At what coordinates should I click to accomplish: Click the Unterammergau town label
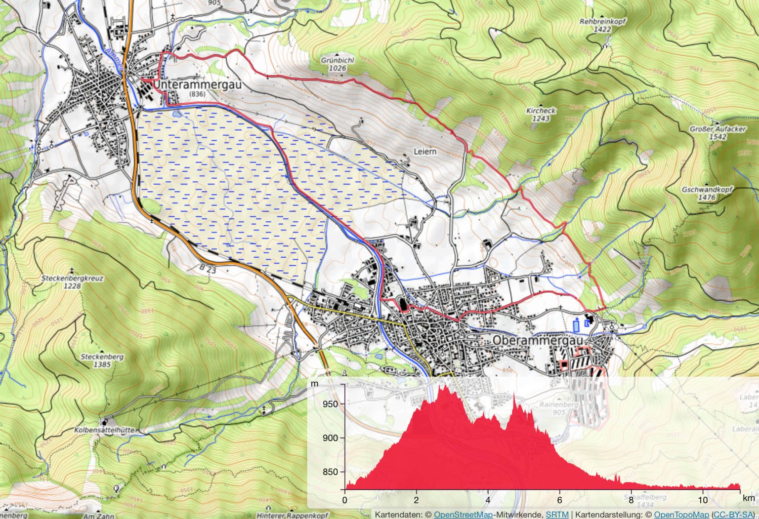(x=197, y=85)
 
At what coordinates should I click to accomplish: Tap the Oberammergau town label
(x=538, y=340)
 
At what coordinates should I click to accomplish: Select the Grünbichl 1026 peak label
(x=338, y=64)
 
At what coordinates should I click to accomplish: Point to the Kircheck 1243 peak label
(x=541, y=114)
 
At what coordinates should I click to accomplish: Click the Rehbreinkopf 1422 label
(x=602, y=25)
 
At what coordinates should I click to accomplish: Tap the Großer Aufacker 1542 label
(x=718, y=133)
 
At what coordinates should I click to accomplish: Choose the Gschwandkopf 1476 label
(x=707, y=193)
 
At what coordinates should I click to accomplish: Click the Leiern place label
(x=425, y=151)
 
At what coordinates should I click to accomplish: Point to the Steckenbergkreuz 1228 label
(x=72, y=282)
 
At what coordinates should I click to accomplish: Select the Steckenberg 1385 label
(x=102, y=360)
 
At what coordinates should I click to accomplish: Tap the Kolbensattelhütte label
(x=105, y=430)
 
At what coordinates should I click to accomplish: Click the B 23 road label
(x=207, y=269)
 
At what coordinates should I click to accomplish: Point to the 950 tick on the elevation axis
(x=330, y=404)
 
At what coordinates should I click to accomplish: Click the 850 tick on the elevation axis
(x=330, y=471)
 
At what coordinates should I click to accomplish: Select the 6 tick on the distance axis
(x=559, y=500)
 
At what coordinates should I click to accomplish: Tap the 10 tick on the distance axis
(x=702, y=500)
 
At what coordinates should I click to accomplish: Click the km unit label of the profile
(x=748, y=498)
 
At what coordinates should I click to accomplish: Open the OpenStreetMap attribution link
(x=463, y=514)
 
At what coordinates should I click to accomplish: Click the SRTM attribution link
(x=557, y=514)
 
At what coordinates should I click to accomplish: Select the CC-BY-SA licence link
(x=733, y=514)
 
